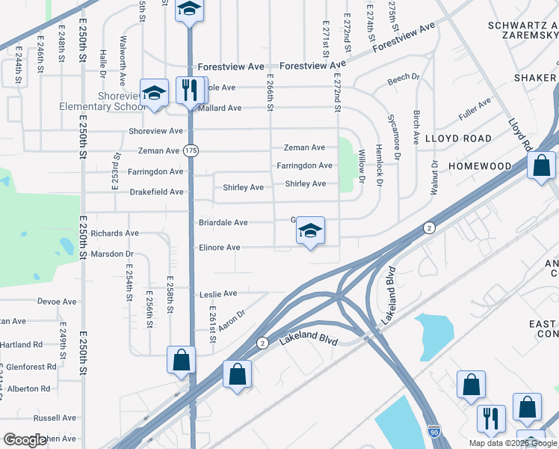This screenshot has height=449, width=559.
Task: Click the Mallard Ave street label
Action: click(x=220, y=109)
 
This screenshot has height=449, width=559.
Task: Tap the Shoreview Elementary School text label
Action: click(x=101, y=100)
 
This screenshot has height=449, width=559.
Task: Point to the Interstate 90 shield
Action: click(x=434, y=432)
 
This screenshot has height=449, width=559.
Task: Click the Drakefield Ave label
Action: click(x=156, y=192)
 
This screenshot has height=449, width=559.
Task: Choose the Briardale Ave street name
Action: click(x=223, y=223)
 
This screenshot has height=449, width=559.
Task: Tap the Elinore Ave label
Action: click(x=219, y=248)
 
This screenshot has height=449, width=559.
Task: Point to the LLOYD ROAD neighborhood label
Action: click(x=459, y=138)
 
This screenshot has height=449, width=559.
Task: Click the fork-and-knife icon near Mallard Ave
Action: click(x=189, y=91)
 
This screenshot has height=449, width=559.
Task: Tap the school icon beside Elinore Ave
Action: click(x=310, y=230)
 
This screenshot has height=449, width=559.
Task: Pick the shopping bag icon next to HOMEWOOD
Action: click(x=541, y=165)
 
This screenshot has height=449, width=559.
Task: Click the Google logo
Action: click(x=25, y=440)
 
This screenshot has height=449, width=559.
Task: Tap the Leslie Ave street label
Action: click(x=218, y=294)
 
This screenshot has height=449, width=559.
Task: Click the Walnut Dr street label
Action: click(x=433, y=177)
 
